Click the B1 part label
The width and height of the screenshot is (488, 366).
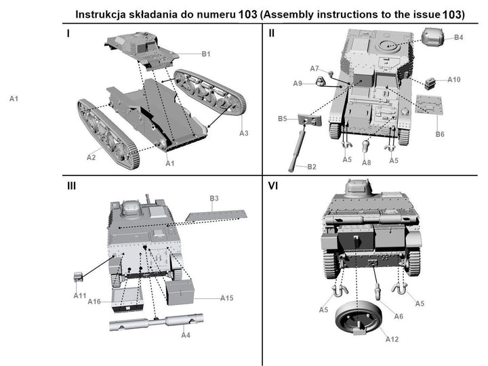[x=206, y=54]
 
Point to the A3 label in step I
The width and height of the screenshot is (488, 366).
[x=244, y=133]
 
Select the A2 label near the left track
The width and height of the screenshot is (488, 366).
[x=91, y=157]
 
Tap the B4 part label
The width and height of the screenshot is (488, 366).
[x=459, y=37]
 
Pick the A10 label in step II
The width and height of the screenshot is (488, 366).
[x=453, y=79]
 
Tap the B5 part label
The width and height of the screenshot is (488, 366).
[x=282, y=119]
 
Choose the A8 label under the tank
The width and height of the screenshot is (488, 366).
[x=367, y=163]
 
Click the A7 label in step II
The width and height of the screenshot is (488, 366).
[x=314, y=68]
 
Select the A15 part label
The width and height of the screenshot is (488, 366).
[x=227, y=298]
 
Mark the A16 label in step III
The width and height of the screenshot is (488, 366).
[x=94, y=301]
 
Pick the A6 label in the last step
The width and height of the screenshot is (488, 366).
[x=399, y=316]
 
